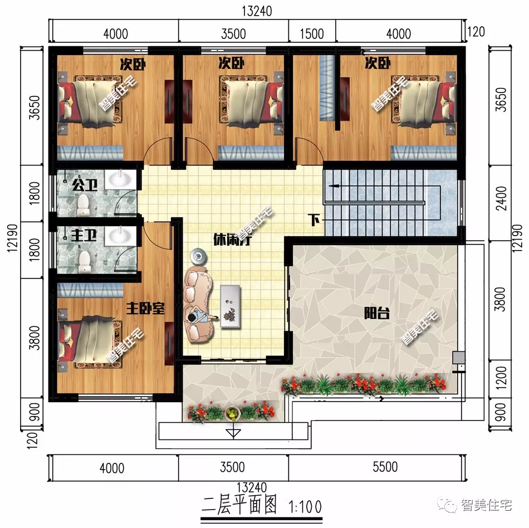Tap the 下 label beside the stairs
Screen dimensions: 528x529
coord(315,220)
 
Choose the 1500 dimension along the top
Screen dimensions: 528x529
coord(311,33)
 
